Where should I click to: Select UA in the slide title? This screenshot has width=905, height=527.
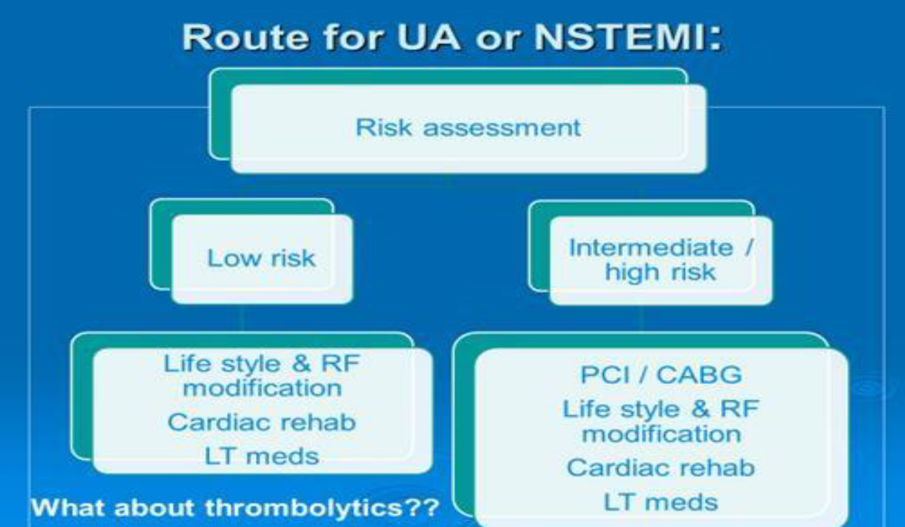pyautogui.click(x=429, y=37)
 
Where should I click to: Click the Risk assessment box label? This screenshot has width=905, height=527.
pyautogui.click(x=468, y=128)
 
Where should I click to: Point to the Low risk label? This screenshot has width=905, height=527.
pyautogui.click(x=261, y=258)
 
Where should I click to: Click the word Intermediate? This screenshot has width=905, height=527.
pyautogui.click(x=650, y=247)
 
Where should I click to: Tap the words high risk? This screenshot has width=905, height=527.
pyautogui.click(x=660, y=272)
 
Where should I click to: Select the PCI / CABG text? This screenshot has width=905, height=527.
pyautogui.click(x=661, y=375)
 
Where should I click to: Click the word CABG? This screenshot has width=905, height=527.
pyautogui.click(x=699, y=375)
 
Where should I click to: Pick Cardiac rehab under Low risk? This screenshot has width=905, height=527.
pyautogui.click(x=262, y=423)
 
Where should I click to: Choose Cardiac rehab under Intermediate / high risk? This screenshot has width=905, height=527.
pyautogui.click(x=660, y=468)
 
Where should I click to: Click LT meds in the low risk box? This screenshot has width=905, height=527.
pyautogui.click(x=262, y=456)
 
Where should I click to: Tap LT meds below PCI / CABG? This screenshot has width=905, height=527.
pyautogui.click(x=660, y=502)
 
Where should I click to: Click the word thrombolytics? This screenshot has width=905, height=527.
pyautogui.click(x=304, y=508)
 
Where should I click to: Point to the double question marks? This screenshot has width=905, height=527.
pyautogui.click(x=421, y=508)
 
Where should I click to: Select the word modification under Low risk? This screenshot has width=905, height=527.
pyautogui.click(x=262, y=388)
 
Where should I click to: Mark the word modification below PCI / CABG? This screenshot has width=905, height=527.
pyautogui.click(x=661, y=434)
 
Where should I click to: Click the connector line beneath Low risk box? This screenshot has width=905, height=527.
pyautogui.click(x=242, y=318)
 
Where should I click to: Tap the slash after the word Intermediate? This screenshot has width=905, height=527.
pyautogui.click(x=749, y=247)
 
